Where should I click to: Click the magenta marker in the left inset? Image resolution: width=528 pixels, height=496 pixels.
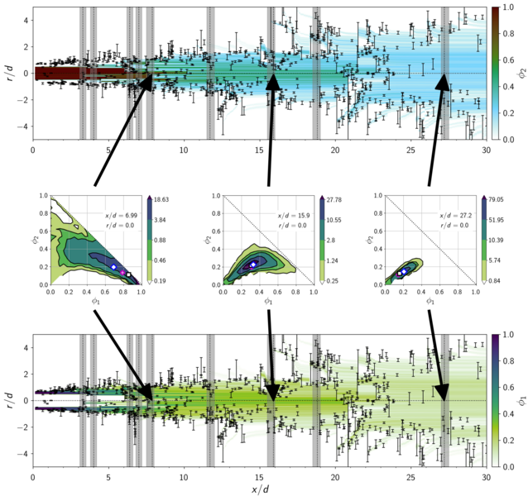122,272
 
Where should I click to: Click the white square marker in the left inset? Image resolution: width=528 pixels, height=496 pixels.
129,274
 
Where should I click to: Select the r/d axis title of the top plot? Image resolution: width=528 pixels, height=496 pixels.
7,73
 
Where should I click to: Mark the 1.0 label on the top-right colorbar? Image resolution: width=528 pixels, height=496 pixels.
508,7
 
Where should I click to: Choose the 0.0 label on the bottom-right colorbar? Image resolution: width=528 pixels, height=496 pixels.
508,467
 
